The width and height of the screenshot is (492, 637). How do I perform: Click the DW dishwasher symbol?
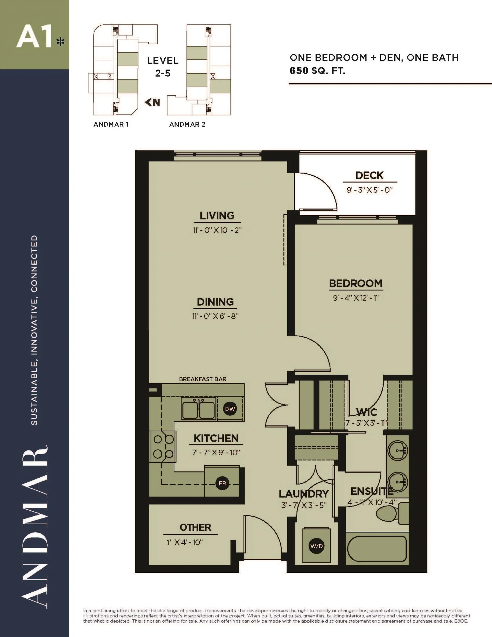(230, 409)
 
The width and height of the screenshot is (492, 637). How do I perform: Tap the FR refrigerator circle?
(222, 483)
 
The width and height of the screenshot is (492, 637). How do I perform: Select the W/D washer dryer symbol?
(316, 546)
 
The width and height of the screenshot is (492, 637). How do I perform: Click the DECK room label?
(369, 176)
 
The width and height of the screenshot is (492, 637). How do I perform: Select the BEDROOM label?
(355, 283)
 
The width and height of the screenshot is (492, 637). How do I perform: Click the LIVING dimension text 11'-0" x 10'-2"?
(217, 230)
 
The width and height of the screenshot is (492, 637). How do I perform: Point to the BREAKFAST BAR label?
(203, 379)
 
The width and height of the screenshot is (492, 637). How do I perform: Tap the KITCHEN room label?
(216, 438)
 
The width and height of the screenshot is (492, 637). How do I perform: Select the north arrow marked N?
(152, 102)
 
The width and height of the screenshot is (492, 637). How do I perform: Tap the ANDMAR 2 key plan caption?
(187, 125)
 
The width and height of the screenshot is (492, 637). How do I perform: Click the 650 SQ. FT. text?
(317, 71)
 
